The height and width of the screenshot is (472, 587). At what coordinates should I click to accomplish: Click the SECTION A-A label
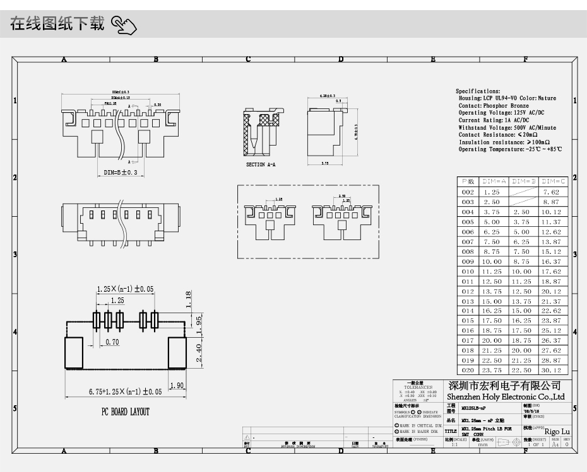(x=261, y=164)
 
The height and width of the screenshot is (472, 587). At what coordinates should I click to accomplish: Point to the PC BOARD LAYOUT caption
(x=126, y=412)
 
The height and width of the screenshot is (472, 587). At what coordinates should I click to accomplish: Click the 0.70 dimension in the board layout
(x=112, y=342)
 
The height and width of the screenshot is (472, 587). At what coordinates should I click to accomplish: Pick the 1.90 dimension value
(x=177, y=386)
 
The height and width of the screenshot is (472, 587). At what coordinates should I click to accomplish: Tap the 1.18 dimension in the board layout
(x=187, y=297)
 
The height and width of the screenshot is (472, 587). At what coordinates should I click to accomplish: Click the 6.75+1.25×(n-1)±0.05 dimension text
(x=125, y=391)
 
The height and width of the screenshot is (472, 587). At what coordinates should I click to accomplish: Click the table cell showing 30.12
(x=552, y=370)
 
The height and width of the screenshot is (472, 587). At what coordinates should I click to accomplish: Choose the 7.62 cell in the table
(x=552, y=192)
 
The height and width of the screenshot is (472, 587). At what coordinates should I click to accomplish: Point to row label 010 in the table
(x=468, y=271)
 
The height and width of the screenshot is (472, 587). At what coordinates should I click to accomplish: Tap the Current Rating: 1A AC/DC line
(x=494, y=120)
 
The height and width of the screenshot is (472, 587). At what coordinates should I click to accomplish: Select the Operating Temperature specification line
(x=510, y=149)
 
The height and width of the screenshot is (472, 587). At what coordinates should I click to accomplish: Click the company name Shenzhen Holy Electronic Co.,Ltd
(x=506, y=397)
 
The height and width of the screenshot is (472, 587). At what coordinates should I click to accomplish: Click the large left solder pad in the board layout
(x=74, y=352)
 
